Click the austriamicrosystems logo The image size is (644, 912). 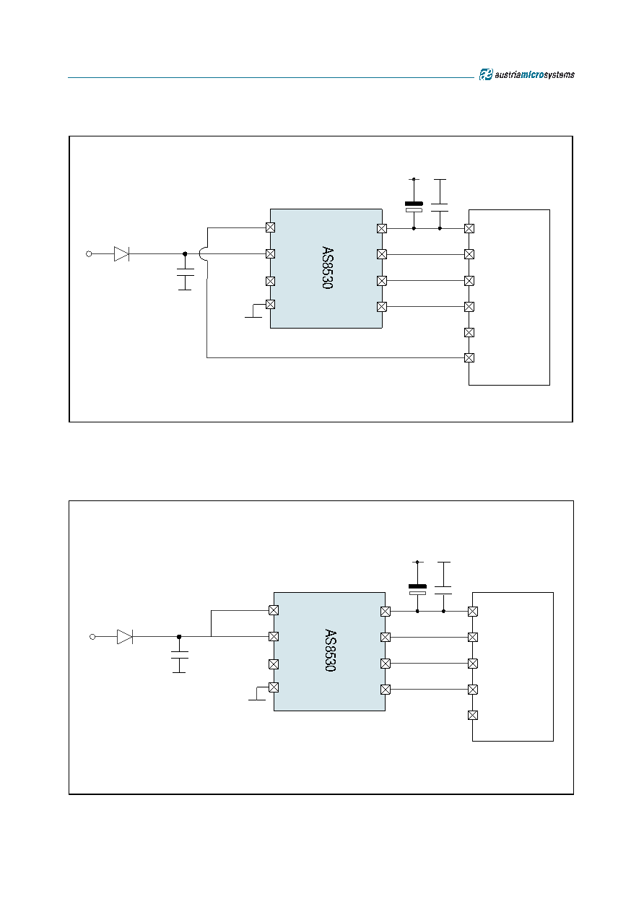pos(527,74)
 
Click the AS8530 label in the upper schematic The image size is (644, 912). pos(327,267)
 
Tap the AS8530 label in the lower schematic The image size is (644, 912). pos(331,650)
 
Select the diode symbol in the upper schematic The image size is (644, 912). pos(122,253)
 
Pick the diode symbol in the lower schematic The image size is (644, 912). pos(125,637)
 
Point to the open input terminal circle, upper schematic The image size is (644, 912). pos(89,253)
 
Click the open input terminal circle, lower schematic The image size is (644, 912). pos(92,637)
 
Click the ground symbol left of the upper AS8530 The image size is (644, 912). pos(253,311)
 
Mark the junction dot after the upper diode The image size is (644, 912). pos(185,253)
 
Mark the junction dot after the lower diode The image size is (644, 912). pos(179,637)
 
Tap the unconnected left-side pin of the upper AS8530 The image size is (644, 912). pos(270,281)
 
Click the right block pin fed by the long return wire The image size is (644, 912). pos(469,358)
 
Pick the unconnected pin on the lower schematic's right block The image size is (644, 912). pos(473,716)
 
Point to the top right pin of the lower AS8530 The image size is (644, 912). pos(386,611)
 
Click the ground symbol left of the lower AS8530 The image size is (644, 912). pos(257,694)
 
